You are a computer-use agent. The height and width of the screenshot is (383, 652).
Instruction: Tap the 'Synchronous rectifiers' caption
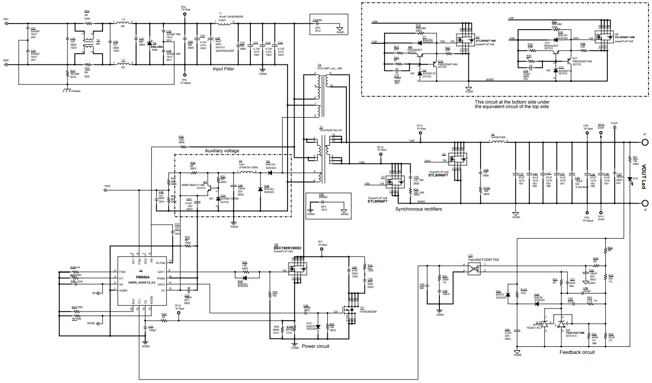pos(419,209)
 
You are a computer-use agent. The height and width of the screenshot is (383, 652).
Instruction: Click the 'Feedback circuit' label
pos(577,352)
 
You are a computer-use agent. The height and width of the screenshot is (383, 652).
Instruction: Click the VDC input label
pos(6,20)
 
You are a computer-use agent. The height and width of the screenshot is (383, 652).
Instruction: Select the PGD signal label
pos(107,185)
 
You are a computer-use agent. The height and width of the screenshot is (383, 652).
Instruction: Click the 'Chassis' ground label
pos(75,91)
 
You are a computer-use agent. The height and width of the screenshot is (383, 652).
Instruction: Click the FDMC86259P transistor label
pos(368,312)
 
